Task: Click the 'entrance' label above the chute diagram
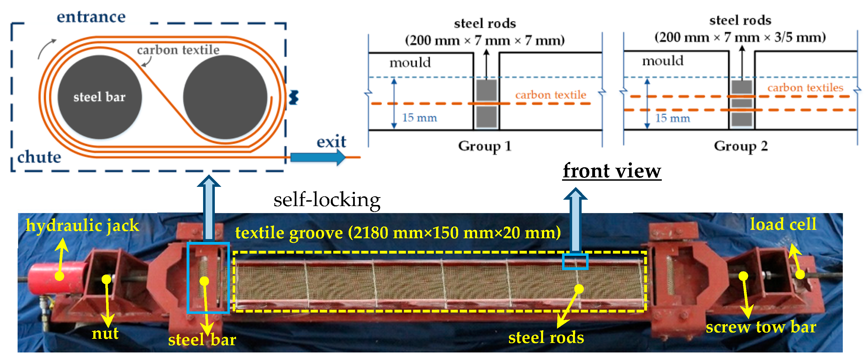[91, 17]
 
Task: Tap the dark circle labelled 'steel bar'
[99, 97]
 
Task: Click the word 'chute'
[39, 157]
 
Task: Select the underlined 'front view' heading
[612, 171]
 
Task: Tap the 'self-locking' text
[327, 200]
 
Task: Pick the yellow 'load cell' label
[783, 224]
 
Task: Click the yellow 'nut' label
[105, 333]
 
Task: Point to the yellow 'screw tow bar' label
[761, 327]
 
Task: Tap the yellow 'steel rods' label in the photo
[546, 337]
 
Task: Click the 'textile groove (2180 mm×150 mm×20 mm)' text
[398, 233]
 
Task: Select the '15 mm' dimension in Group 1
[419, 118]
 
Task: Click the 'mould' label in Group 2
[663, 61]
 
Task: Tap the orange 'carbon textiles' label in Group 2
[805, 88]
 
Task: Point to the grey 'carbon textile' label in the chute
[178, 50]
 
